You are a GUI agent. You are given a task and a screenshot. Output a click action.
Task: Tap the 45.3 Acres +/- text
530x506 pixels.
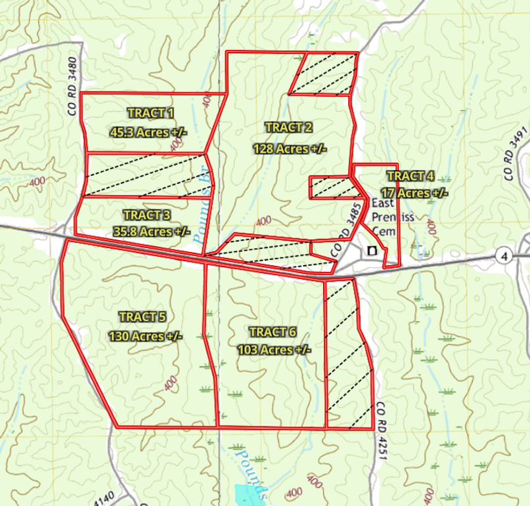point(148,132)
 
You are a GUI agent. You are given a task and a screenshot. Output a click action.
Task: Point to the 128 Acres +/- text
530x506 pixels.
point(290,149)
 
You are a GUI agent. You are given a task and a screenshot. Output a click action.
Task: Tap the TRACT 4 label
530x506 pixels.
point(410,176)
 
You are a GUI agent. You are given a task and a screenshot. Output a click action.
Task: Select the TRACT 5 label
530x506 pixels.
point(142,317)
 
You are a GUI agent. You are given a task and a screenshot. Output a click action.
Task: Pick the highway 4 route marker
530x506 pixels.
point(504,255)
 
